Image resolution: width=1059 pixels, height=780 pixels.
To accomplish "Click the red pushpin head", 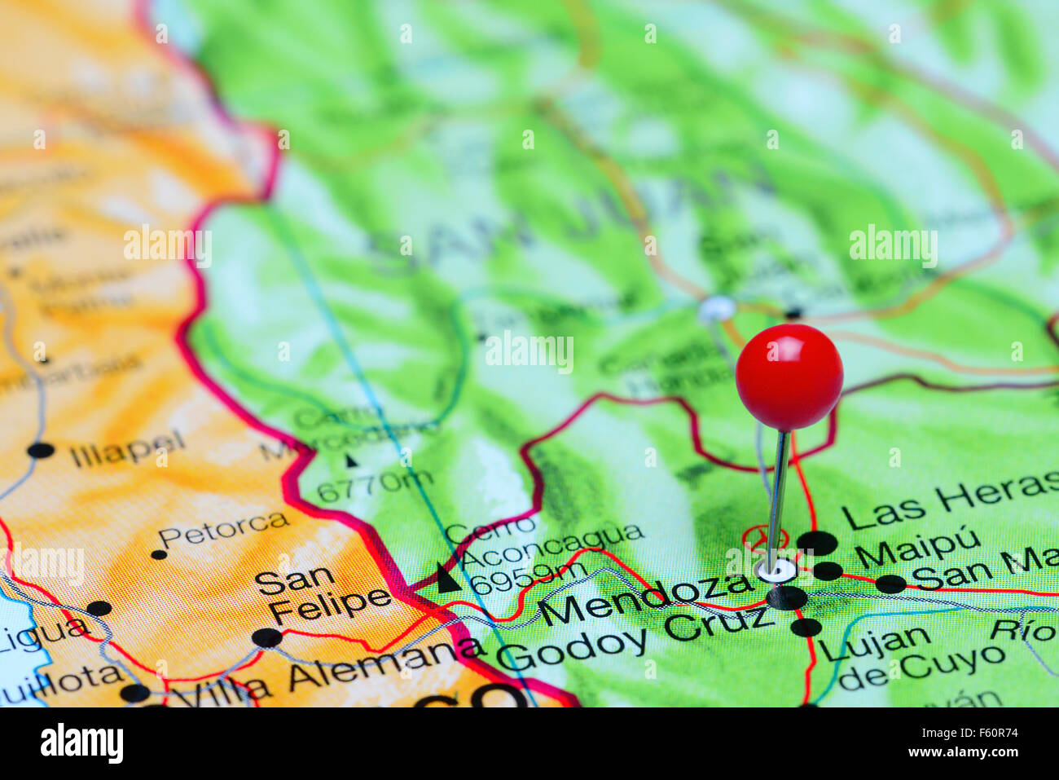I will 789,376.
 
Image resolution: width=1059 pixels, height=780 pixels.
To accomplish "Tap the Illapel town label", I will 127,449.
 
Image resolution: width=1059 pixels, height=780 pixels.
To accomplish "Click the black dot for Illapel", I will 40,450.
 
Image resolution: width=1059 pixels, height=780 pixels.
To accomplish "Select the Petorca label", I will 223,529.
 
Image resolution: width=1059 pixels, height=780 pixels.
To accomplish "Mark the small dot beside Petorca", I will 158,554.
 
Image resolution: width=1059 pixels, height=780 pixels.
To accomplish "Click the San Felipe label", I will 322,593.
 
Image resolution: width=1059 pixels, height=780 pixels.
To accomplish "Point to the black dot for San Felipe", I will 266,637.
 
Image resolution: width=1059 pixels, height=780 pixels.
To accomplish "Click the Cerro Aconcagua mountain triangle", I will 446,578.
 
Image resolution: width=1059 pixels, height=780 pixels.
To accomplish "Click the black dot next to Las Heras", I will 817,542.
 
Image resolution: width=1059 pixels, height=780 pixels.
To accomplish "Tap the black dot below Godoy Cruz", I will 806,627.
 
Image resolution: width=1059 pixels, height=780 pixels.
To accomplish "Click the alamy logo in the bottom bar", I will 82,743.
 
